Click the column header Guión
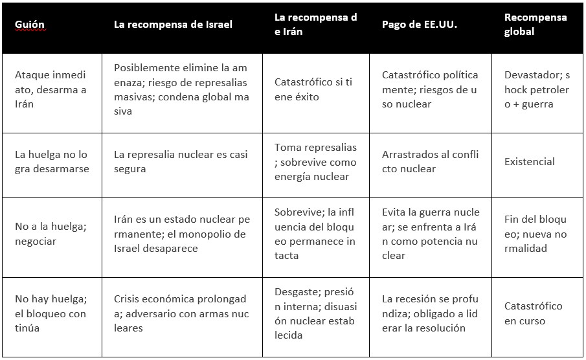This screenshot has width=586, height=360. (x=30, y=25)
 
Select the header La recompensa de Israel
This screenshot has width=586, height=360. (x=173, y=25)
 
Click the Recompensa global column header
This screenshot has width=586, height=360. (x=535, y=25)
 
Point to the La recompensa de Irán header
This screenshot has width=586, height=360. (x=315, y=25)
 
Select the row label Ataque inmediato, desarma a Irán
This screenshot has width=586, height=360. (x=51, y=89)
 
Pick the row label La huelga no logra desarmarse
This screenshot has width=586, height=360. (x=51, y=162)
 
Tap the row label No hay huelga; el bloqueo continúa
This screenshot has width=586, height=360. (x=51, y=313)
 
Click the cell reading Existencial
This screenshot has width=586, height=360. (x=530, y=162)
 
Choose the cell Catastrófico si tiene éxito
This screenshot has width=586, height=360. (x=313, y=89)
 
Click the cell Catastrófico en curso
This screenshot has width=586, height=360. (x=533, y=313)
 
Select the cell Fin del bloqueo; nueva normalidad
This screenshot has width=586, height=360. (x=535, y=234)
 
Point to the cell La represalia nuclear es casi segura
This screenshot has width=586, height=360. (x=181, y=162)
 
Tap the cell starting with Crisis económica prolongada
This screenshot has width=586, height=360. (x=181, y=313)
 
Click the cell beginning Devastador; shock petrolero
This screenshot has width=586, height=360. (x=537, y=89)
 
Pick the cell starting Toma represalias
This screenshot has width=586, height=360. (x=315, y=162)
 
